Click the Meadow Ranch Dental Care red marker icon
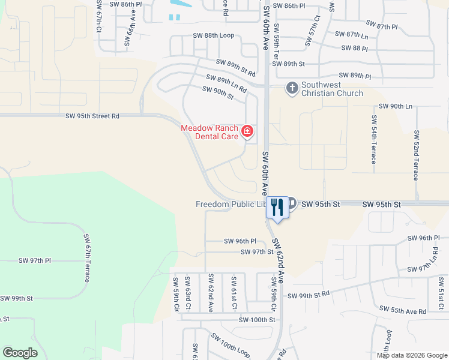point(247,131)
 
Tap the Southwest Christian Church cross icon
point(292,89)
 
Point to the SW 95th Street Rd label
point(92,116)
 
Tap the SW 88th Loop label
point(213,35)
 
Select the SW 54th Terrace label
point(373,139)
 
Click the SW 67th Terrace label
point(87,259)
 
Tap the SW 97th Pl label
point(35,260)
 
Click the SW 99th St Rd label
point(309,295)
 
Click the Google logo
point(20,353)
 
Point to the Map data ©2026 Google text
point(412,355)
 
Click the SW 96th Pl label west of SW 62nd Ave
point(240,241)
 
